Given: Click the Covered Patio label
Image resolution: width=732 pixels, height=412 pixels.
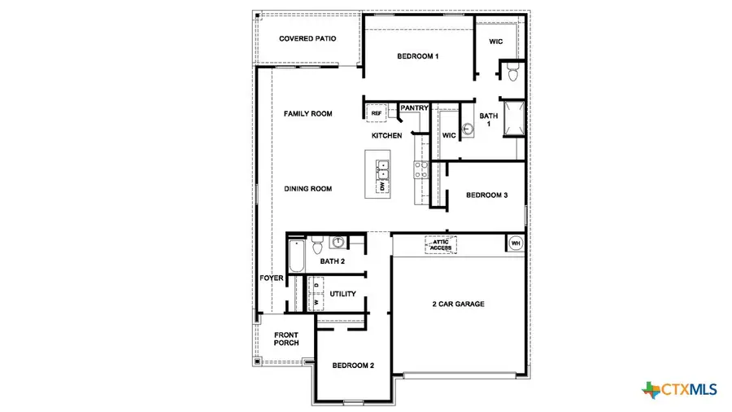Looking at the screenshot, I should click(x=307, y=39).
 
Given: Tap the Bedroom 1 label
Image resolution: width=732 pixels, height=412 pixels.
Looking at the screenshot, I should click(x=418, y=56).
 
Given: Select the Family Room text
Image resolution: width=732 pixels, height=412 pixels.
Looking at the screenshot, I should click(x=307, y=114).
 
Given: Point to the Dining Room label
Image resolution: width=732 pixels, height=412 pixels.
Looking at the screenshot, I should click(x=307, y=189).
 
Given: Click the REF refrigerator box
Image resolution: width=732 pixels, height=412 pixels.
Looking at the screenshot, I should click(x=377, y=114).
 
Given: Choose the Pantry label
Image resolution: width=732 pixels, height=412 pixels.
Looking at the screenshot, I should click(x=414, y=107).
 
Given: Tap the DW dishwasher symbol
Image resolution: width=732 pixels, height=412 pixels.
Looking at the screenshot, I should click(x=381, y=186).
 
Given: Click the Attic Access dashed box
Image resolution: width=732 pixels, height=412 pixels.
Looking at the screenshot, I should click(x=441, y=243).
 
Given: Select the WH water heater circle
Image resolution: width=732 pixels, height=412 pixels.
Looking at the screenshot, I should click(x=515, y=243).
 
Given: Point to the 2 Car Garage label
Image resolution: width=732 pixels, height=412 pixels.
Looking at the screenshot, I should click(x=458, y=304).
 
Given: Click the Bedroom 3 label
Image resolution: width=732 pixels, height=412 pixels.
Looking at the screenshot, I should click(x=486, y=195).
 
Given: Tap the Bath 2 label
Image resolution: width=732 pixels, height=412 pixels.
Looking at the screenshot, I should click(x=333, y=261).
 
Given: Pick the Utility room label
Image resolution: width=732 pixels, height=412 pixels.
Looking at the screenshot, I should click(x=342, y=293).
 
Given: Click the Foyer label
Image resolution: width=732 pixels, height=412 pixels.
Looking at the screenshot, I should click(x=271, y=278).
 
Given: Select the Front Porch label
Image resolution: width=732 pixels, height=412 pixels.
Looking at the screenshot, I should click(x=286, y=338).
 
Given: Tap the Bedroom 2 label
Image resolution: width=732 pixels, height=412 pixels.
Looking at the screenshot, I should click(x=353, y=366).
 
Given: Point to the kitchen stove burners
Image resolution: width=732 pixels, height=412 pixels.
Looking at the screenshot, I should click(x=422, y=170).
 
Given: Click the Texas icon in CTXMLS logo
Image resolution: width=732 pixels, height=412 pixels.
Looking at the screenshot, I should click(x=652, y=390).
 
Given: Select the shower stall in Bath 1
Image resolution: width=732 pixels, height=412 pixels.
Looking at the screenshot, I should click(x=512, y=120).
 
